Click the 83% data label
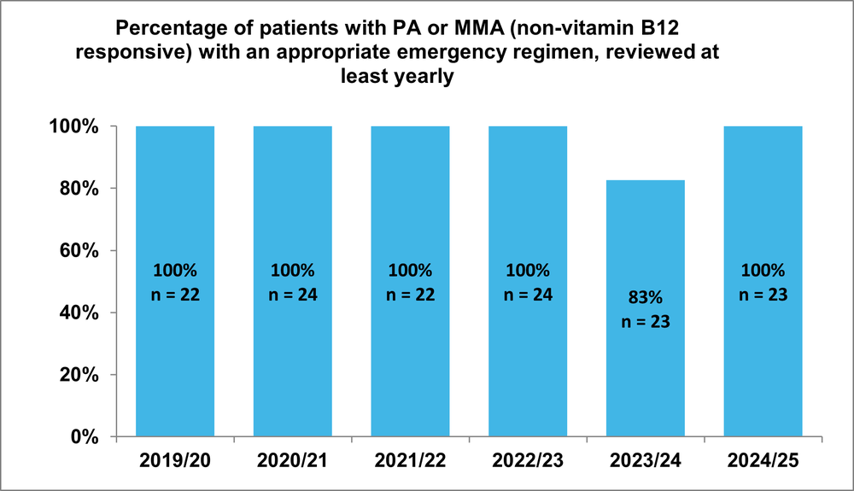[646, 301]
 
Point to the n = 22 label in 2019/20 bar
[175, 295]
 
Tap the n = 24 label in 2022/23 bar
[528, 295]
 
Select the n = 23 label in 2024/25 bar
[763, 295]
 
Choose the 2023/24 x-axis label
[646, 463]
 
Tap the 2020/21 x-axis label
[292, 463]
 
